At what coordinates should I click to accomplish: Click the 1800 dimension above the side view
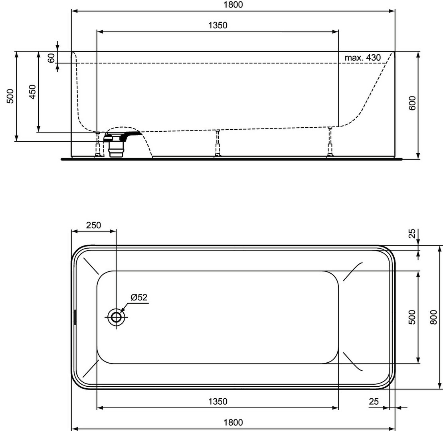(233, 5)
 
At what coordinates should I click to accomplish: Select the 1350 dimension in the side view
(218, 26)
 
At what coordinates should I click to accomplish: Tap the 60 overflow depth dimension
(51, 58)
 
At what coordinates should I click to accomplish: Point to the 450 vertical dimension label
(33, 92)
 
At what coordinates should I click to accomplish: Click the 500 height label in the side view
(10, 96)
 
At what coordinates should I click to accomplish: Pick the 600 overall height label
(412, 103)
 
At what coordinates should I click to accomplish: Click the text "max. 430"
(362, 57)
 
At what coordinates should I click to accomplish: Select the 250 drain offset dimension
(93, 225)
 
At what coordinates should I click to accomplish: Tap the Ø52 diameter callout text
(139, 297)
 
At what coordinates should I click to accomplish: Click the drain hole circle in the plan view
(116, 317)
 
